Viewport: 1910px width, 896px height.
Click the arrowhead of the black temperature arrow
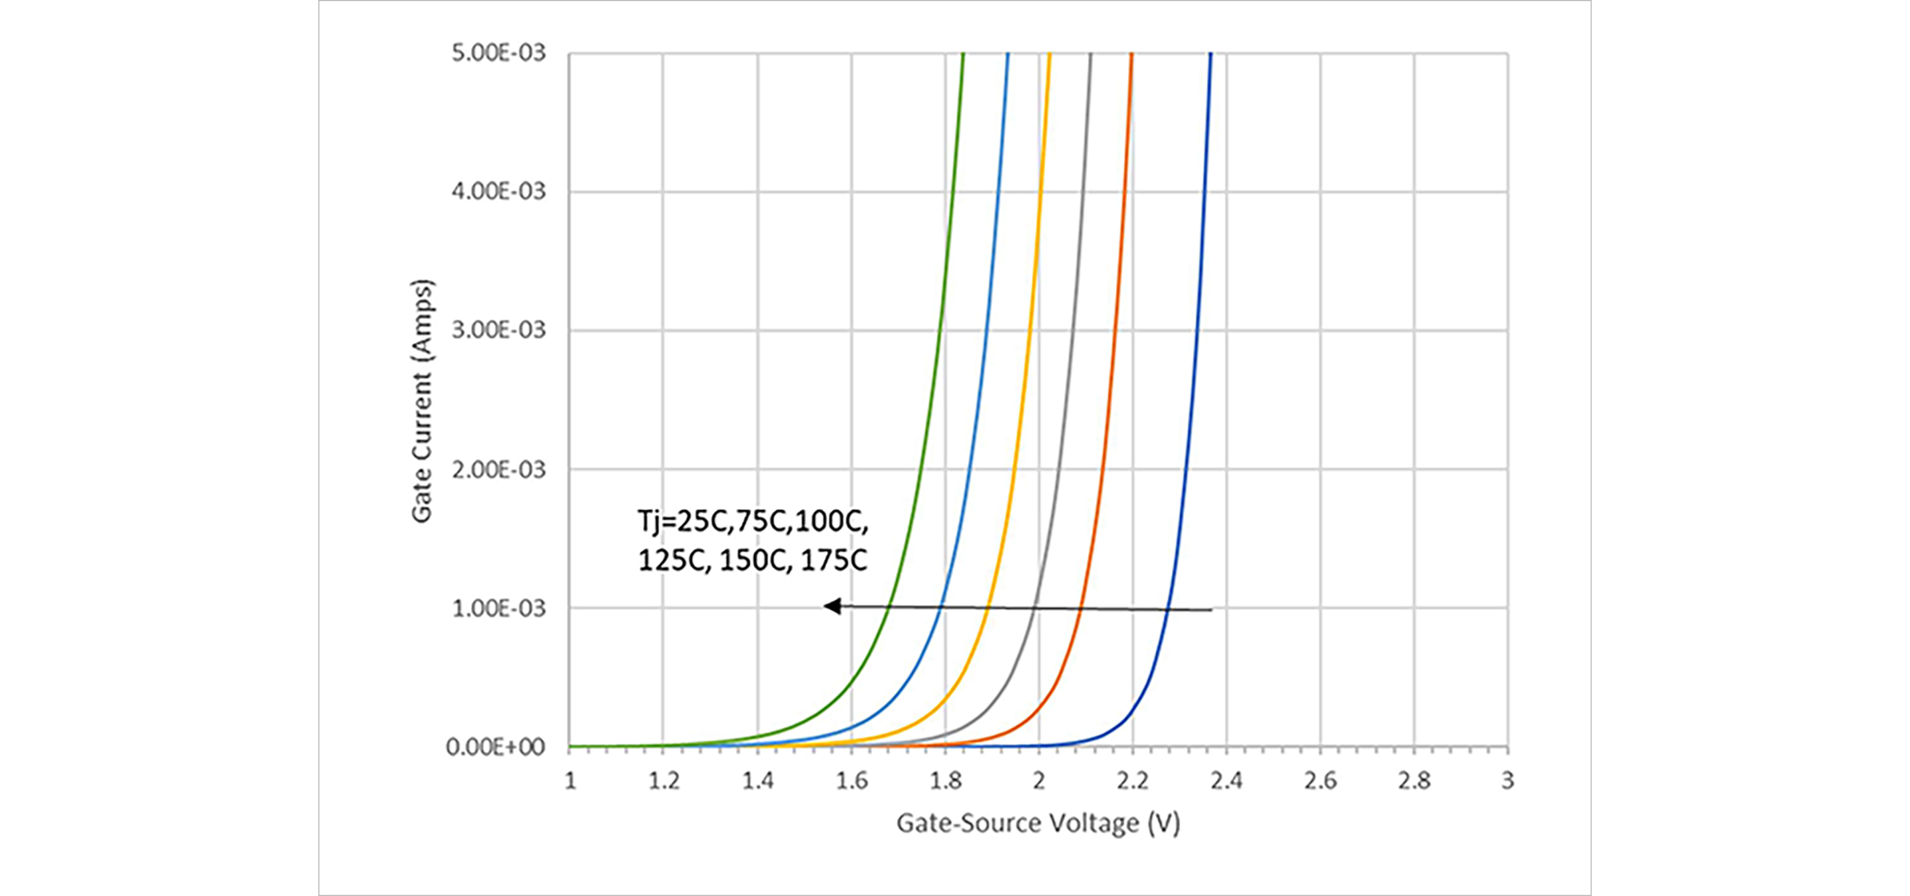click(x=832, y=606)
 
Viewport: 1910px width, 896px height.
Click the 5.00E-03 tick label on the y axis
click(x=498, y=53)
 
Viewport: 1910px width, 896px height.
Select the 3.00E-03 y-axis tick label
click(x=498, y=330)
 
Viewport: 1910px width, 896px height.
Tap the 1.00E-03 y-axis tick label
click(x=498, y=608)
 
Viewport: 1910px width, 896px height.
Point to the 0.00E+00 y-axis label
click(x=495, y=747)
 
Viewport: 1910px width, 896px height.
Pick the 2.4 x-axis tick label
click(x=1226, y=781)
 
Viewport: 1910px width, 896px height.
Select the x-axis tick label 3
click(x=1507, y=781)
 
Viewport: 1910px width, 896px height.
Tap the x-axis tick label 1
click(x=570, y=781)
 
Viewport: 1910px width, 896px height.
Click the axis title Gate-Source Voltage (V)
click(x=1038, y=823)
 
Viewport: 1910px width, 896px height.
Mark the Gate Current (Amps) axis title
click(x=422, y=400)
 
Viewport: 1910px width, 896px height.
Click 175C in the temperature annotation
click(x=834, y=561)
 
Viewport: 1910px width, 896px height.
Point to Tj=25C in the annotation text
click(x=684, y=522)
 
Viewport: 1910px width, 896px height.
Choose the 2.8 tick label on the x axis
click(x=1414, y=781)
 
